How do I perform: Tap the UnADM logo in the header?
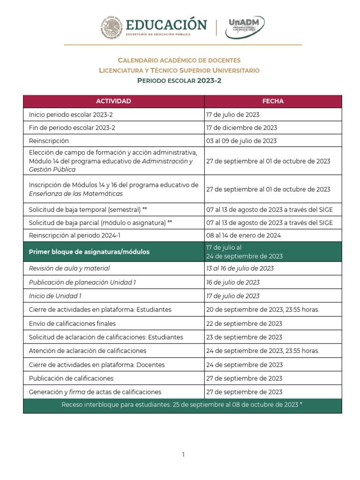pos(245,28)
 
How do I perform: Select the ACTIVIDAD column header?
pos(113,101)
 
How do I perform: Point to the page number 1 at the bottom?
pos(184,454)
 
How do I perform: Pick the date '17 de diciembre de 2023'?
pos(241,127)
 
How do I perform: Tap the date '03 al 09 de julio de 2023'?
pos(241,141)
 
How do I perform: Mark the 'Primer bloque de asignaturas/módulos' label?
pos(89,252)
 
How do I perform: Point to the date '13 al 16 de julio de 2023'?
pos(240,268)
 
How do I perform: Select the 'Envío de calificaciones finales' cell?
pos(72,323)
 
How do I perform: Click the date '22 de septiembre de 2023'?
pos(244,323)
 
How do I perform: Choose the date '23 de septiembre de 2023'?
pos(244,337)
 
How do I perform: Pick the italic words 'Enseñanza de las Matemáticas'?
pos(75,194)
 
